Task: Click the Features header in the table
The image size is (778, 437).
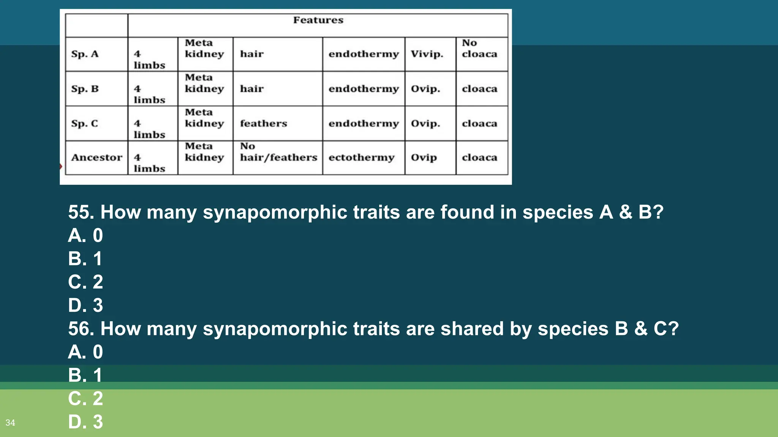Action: pyautogui.click(x=318, y=20)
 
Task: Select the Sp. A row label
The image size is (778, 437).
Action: pyautogui.click(x=85, y=54)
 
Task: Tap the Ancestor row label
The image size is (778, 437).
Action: pyautogui.click(x=96, y=157)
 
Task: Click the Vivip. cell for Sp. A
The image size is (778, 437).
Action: pyautogui.click(x=427, y=54)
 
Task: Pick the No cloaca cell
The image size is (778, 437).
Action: pyautogui.click(x=479, y=49)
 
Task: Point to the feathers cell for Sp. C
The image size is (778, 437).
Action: pyautogui.click(x=263, y=124)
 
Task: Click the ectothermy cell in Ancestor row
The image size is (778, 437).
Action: pyautogui.click(x=361, y=157)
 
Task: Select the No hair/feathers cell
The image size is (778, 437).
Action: pyautogui.click(x=278, y=152)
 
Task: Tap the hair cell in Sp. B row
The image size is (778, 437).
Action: pyautogui.click(x=251, y=89)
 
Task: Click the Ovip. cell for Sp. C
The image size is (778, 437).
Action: pyautogui.click(x=425, y=124)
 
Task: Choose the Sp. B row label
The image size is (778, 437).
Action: pyautogui.click(x=85, y=89)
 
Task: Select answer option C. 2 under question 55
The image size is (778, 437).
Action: pyautogui.click(x=85, y=282)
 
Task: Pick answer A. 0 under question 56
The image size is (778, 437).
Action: pyautogui.click(x=85, y=352)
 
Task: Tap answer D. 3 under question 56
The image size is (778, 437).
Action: pyautogui.click(x=85, y=422)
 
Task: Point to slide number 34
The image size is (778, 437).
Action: pyautogui.click(x=10, y=423)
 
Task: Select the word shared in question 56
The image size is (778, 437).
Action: pyautogui.click(x=472, y=329)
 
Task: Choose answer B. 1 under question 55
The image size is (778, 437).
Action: pyautogui.click(x=85, y=259)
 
